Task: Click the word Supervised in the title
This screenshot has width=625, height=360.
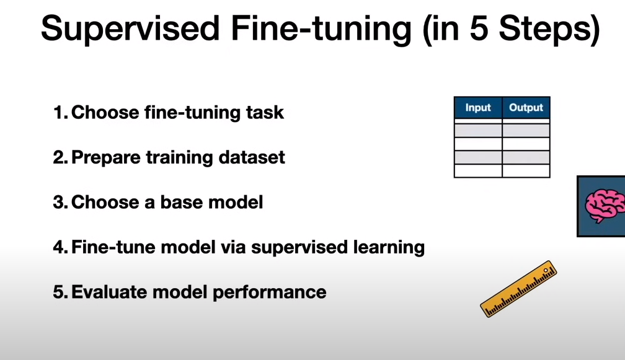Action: click(130, 29)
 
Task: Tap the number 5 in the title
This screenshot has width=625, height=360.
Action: click(479, 28)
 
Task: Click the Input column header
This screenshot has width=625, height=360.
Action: click(478, 108)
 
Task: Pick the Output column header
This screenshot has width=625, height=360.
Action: click(526, 108)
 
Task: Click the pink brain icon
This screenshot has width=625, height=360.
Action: click(605, 206)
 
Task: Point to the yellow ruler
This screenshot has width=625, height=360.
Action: click(518, 289)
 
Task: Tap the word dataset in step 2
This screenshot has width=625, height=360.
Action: click(252, 157)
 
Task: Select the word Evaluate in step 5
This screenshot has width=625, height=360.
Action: click(110, 292)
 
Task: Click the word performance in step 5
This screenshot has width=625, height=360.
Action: click(270, 292)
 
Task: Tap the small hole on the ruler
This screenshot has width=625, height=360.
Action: click(546, 270)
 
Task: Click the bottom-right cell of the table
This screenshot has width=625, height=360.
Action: click(526, 170)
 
